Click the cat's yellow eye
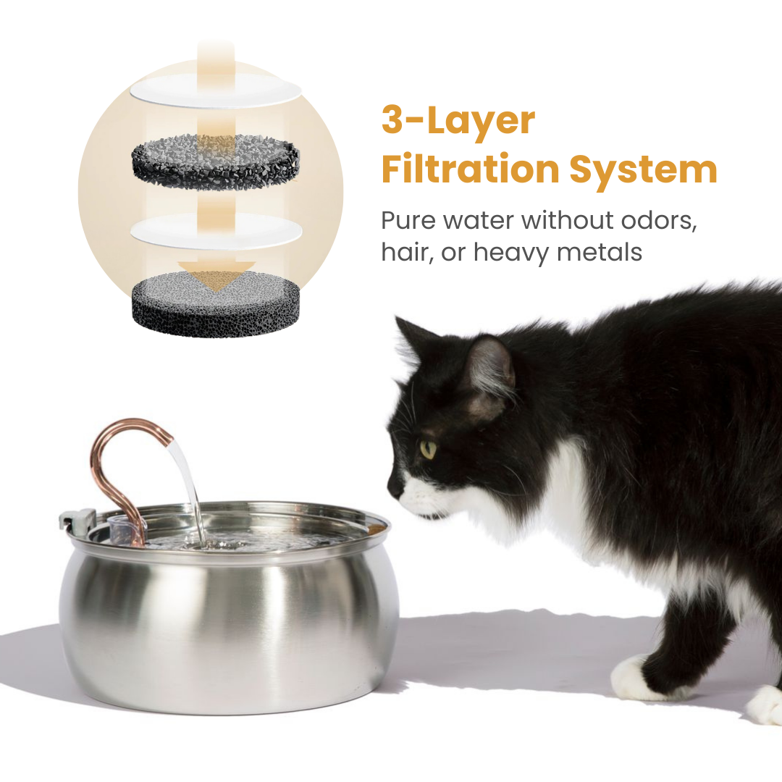[428, 450]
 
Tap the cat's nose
[392, 488]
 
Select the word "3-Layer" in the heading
[458, 121]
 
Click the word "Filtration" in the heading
[471, 169]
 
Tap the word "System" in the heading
[643, 170]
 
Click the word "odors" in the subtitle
[658, 220]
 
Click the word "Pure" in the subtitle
[408, 220]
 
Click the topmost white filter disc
[216, 89]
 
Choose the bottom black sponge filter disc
[216, 304]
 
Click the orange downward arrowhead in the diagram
[216, 277]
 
